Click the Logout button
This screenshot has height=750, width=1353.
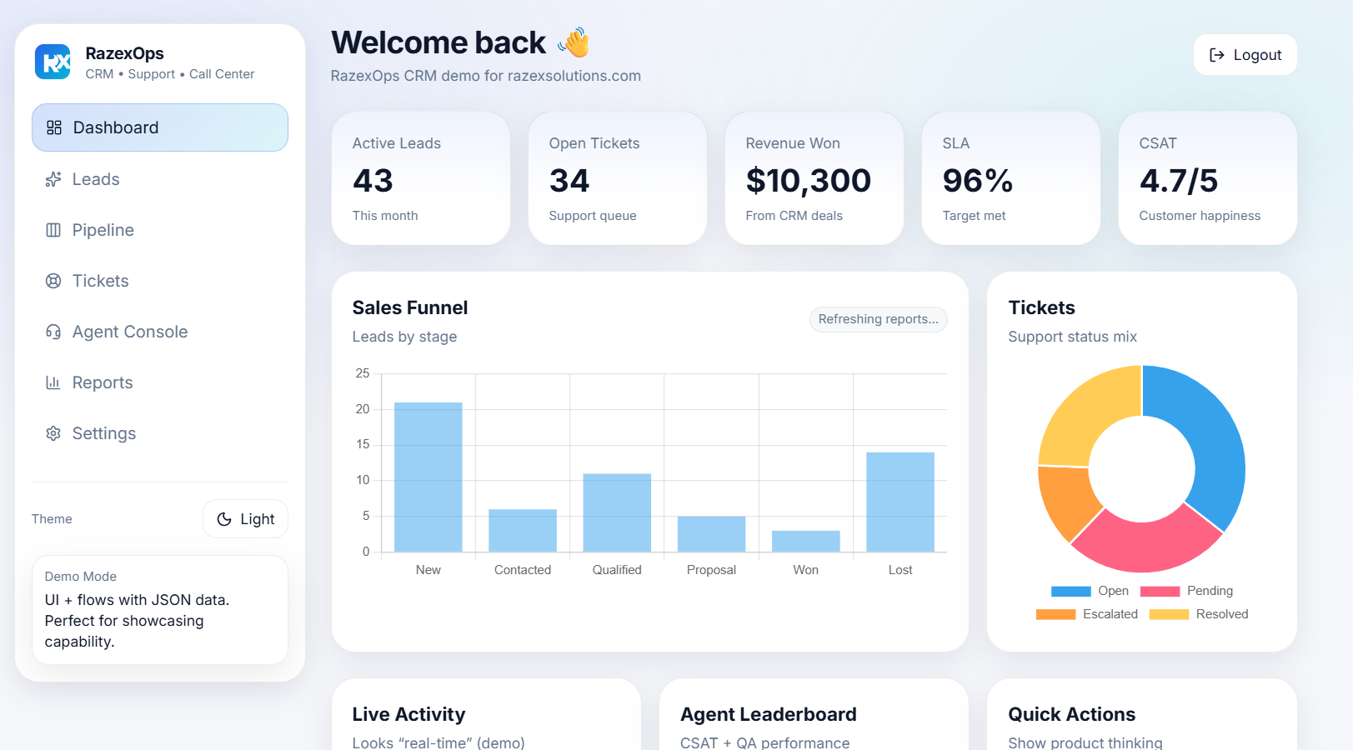(x=1245, y=55)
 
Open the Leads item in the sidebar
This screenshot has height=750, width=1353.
(x=96, y=179)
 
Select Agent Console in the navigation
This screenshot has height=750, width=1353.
(x=129, y=332)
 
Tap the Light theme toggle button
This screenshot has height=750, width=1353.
(x=245, y=519)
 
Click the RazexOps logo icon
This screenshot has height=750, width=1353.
(x=53, y=62)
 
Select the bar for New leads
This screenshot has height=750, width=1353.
(x=428, y=477)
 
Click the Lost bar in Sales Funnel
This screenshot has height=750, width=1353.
(x=900, y=502)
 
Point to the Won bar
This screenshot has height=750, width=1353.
(x=805, y=541)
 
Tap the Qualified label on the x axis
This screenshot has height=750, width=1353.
(x=617, y=570)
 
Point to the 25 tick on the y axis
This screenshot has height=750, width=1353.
(x=363, y=373)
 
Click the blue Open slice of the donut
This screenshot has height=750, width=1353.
(x=1209, y=442)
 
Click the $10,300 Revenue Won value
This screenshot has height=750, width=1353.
(x=808, y=181)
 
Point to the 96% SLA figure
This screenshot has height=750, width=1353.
(x=977, y=181)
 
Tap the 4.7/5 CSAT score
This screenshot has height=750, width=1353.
(x=1178, y=181)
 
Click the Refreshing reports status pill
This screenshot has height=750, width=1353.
(x=878, y=319)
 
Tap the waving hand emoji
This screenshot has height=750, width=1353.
(x=574, y=42)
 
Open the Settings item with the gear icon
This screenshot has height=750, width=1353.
(x=103, y=433)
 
